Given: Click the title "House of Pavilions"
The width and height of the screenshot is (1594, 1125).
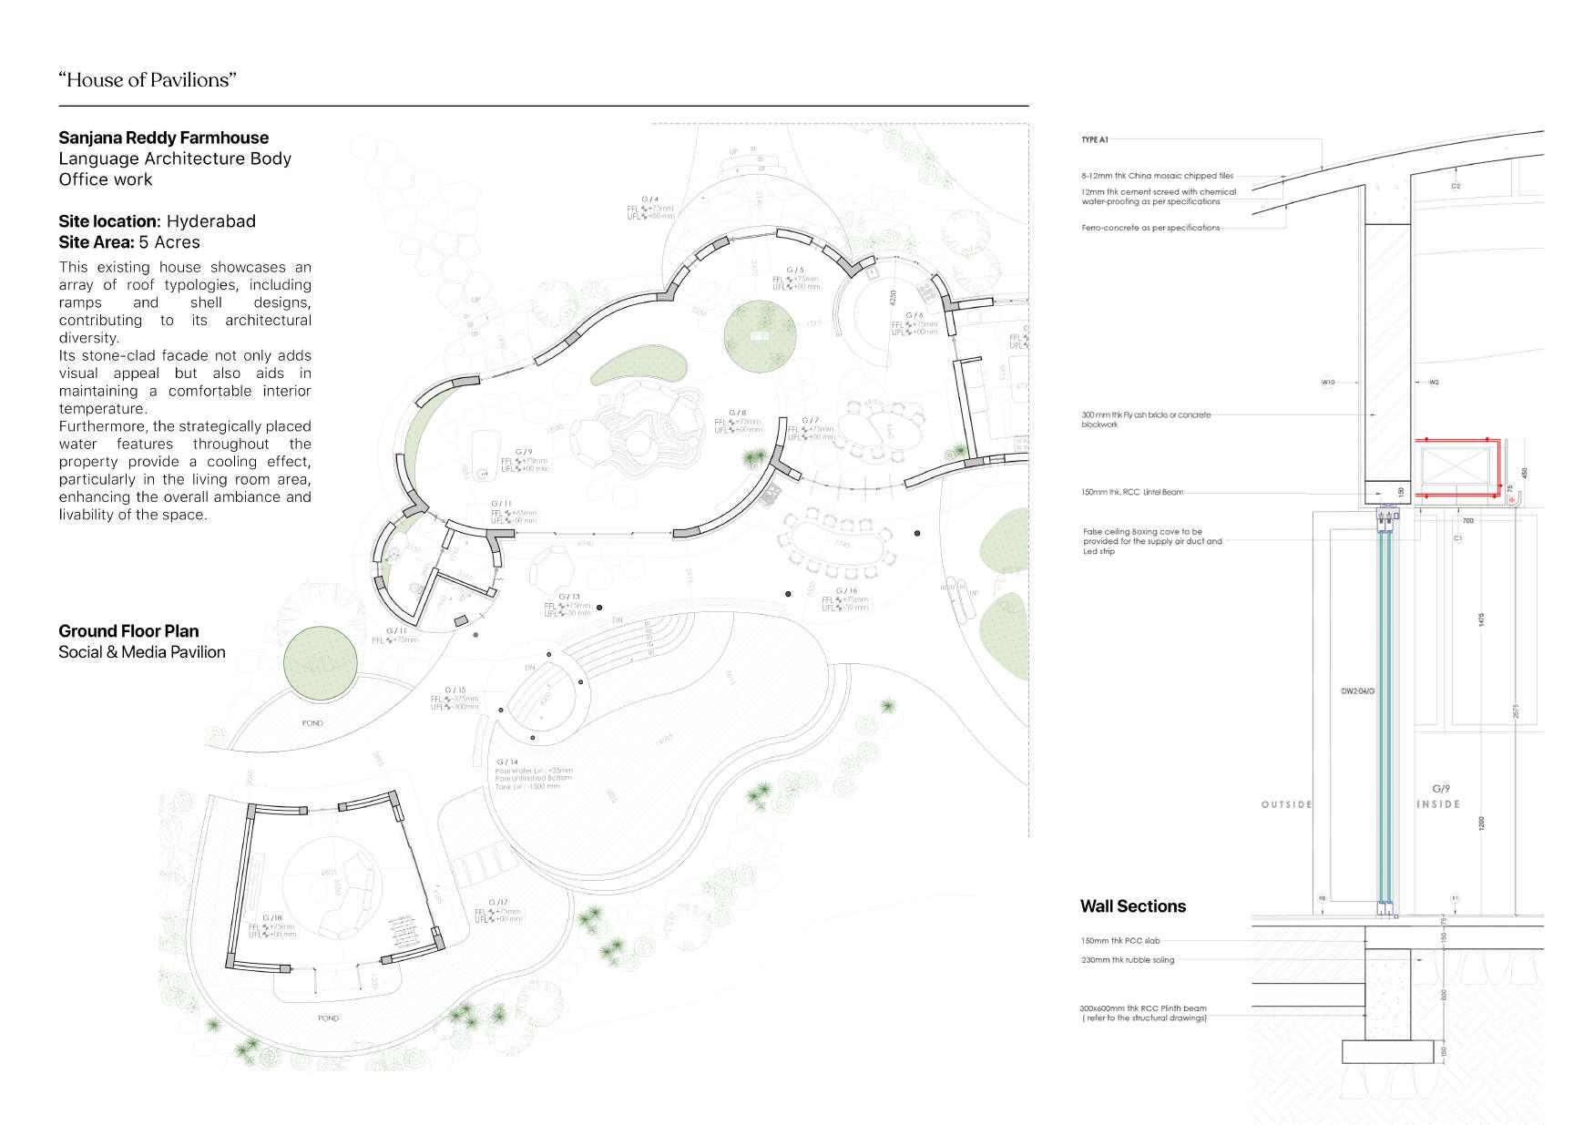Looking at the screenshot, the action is [x=148, y=80].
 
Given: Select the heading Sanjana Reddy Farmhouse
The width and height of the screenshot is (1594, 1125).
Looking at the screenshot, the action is [x=163, y=138].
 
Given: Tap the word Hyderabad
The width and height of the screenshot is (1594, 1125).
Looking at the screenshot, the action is [x=210, y=221].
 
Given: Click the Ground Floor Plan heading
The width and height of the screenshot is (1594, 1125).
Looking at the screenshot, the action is [x=128, y=631].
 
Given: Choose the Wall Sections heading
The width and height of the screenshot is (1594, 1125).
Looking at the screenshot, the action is [x=1132, y=906].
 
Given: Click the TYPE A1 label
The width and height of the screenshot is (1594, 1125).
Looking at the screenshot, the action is [x=1094, y=140].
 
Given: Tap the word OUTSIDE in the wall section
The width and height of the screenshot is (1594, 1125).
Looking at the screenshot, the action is [x=1286, y=804].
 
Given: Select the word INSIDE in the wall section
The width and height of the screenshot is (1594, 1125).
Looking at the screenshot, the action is [x=1438, y=804].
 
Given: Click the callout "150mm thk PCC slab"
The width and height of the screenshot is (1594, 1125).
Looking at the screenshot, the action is [x=1120, y=941].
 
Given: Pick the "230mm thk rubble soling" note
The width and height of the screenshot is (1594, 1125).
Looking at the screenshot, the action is [x=1128, y=960].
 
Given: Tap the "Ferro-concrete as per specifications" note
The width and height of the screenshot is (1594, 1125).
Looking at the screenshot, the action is [x=1150, y=228].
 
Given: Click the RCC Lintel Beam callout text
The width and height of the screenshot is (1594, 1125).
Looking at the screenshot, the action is [x=1132, y=493].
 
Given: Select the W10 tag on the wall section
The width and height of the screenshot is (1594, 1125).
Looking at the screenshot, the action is [x=1327, y=383].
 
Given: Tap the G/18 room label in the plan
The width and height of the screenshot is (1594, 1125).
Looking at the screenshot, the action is [x=272, y=918].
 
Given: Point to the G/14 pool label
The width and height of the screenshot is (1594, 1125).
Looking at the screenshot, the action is [x=507, y=762].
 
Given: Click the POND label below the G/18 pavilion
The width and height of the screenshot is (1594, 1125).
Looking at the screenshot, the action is [x=328, y=1018].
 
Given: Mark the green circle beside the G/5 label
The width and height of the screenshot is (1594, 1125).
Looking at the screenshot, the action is [x=760, y=336].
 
